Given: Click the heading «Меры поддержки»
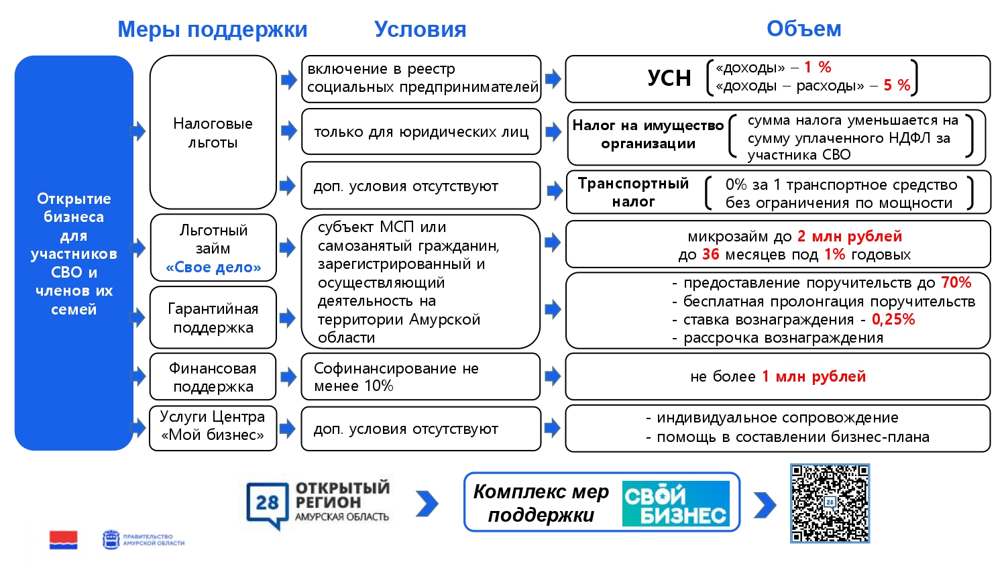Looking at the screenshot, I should (x=212, y=30).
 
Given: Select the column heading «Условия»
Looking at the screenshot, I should (x=420, y=30).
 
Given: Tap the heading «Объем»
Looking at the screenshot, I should (x=803, y=29).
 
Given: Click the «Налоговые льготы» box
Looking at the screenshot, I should (x=213, y=132).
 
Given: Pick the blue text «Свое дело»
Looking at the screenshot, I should (x=213, y=268).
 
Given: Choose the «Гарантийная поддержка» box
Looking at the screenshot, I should (x=213, y=318).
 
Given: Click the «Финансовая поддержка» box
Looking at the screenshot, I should (x=213, y=377).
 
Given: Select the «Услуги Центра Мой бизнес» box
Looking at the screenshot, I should (x=213, y=427).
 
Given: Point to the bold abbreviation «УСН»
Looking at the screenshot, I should (x=669, y=78).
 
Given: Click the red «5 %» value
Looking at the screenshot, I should (x=897, y=85).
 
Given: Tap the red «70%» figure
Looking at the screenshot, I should (x=956, y=282).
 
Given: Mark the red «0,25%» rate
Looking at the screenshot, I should (x=893, y=319).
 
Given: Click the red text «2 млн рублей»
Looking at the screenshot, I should (x=849, y=236).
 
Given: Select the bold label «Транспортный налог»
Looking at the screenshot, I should (x=633, y=192).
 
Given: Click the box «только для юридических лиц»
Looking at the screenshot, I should (x=421, y=132).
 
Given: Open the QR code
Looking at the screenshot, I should (x=830, y=503).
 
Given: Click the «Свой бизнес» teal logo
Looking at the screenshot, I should (x=675, y=504).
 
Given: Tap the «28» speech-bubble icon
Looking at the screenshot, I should (x=267, y=504).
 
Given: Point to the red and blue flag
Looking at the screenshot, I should (x=63, y=540).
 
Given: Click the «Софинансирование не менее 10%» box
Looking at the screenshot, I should (x=421, y=377).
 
